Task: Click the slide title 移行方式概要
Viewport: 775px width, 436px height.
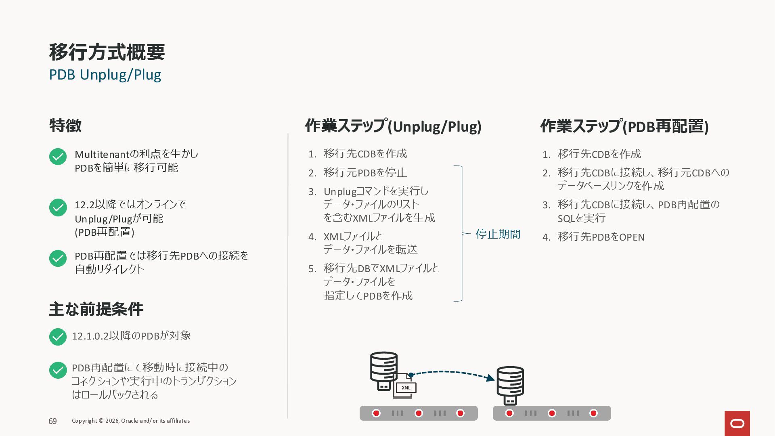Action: pyautogui.click(x=107, y=52)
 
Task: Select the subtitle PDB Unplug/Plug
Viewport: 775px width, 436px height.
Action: pyautogui.click(x=105, y=75)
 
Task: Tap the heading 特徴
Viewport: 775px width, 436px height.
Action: pyautogui.click(x=65, y=126)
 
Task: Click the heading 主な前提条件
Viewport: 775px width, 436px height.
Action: pyautogui.click(x=96, y=309)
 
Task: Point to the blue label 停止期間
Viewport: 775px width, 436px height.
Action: pyautogui.click(x=498, y=234)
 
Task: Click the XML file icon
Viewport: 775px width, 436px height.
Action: pyautogui.click(x=405, y=387)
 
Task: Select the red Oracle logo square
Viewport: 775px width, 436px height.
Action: pyautogui.click(x=737, y=423)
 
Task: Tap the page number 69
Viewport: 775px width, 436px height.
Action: pyautogui.click(x=53, y=421)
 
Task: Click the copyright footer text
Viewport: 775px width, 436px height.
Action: pyautogui.click(x=131, y=421)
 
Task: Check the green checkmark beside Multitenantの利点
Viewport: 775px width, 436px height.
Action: pyautogui.click(x=58, y=157)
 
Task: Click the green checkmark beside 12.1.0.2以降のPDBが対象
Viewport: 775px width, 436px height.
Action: pyautogui.click(x=58, y=337)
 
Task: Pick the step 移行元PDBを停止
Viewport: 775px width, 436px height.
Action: pyautogui.click(x=365, y=173)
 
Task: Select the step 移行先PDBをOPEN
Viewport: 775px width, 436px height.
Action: pyautogui.click(x=601, y=237)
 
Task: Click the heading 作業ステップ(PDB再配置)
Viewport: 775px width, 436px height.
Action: pyautogui.click(x=624, y=126)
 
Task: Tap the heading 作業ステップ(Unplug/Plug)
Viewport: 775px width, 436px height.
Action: pyautogui.click(x=393, y=126)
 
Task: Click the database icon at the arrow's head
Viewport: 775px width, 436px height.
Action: pyautogui.click(x=510, y=385)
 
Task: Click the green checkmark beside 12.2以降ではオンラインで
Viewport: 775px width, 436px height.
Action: pyautogui.click(x=58, y=208)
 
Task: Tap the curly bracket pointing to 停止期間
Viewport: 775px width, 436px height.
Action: pyautogui.click(x=461, y=233)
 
